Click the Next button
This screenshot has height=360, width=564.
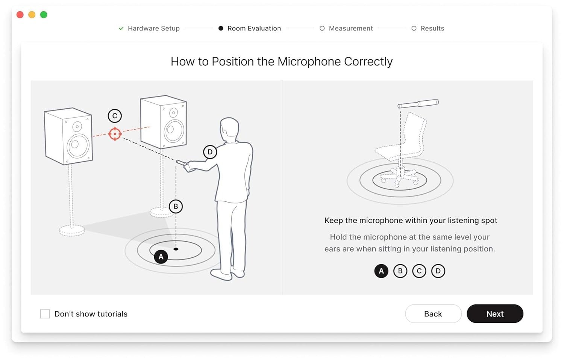click(495, 314)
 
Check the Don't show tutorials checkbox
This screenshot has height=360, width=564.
click(45, 314)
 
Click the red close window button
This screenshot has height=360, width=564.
click(20, 15)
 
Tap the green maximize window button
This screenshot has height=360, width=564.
click(44, 15)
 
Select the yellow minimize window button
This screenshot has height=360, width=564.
click(32, 15)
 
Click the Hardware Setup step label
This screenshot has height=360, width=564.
click(153, 29)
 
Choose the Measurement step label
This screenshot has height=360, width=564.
click(351, 29)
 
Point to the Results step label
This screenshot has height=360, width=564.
click(432, 29)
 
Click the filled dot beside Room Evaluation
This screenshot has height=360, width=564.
click(221, 29)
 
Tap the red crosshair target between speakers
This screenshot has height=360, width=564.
click(115, 134)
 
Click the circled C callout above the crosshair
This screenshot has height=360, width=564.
click(115, 116)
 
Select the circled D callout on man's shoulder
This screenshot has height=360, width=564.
click(210, 152)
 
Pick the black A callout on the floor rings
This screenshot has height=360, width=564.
click(161, 257)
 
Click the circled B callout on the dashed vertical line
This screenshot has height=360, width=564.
click(176, 207)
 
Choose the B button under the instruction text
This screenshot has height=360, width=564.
click(400, 271)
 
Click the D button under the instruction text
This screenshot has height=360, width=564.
click(438, 271)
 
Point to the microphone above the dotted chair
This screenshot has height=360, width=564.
click(418, 104)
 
